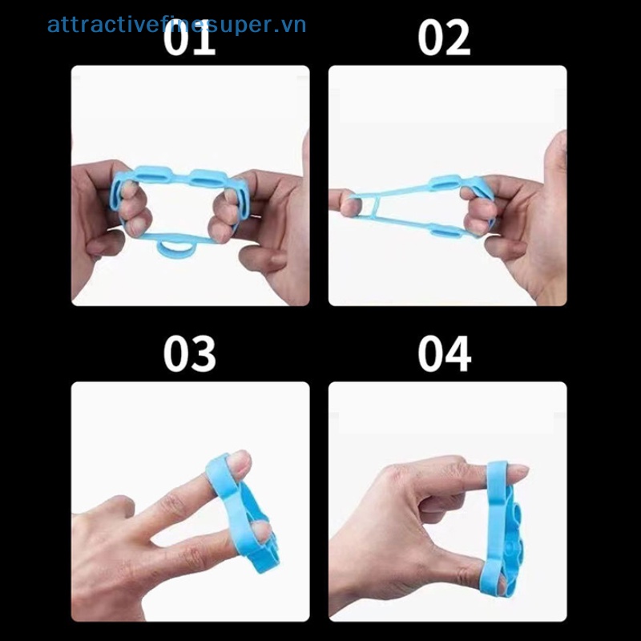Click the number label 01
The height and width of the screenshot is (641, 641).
point(190,37)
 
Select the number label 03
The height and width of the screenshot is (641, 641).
point(190,353)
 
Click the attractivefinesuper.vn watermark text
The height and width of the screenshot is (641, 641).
point(176,24)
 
